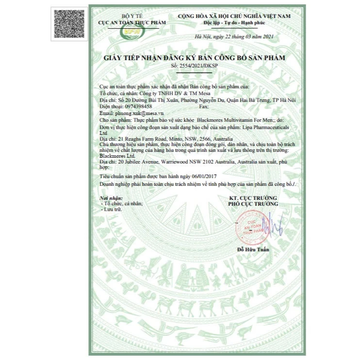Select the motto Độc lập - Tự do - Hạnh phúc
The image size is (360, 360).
[237, 23]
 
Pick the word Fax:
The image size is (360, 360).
[204, 106]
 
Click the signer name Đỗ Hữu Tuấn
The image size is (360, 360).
[253, 249]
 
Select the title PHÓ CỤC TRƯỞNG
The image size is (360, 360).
[253, 205]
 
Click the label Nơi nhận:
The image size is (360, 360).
[111, 198]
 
